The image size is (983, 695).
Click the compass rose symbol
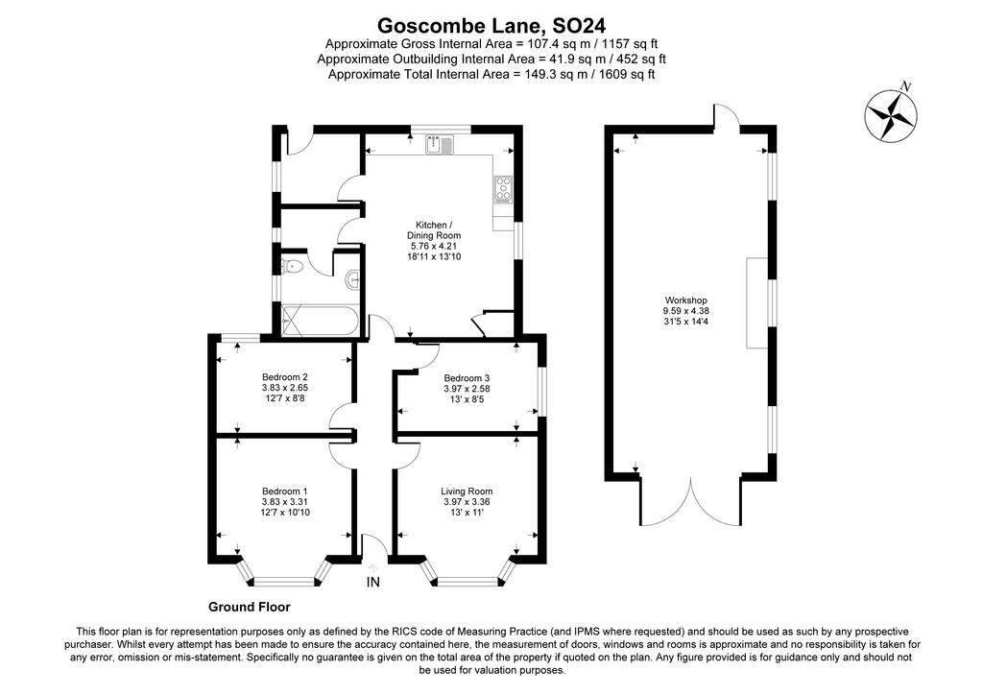click(x=891, y=115)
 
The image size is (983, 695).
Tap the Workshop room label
click(x=685, y=300)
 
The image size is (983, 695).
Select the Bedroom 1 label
click(x=284, y=491)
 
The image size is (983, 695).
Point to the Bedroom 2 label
click(x=284, y=377)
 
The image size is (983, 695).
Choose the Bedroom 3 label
click(x=467, y=378)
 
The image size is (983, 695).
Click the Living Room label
click(x=467, y=491)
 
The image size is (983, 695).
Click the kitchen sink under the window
click(x=440, y=145)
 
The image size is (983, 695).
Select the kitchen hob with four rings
click(x=503, y=190)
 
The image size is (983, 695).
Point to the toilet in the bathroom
click(x=293, y=267)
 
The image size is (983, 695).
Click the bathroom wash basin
click(x=353, y=280)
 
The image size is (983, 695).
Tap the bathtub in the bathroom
click(x=321, y=321)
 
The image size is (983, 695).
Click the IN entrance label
click(x=373, y=582)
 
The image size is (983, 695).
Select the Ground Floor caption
click(x=250, y=607)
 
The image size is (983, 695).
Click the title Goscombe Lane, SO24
click(x=491, y=26)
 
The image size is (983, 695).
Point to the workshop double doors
click(x=691, y=501)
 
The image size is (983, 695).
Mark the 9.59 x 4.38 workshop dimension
click(x=685, y=311)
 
